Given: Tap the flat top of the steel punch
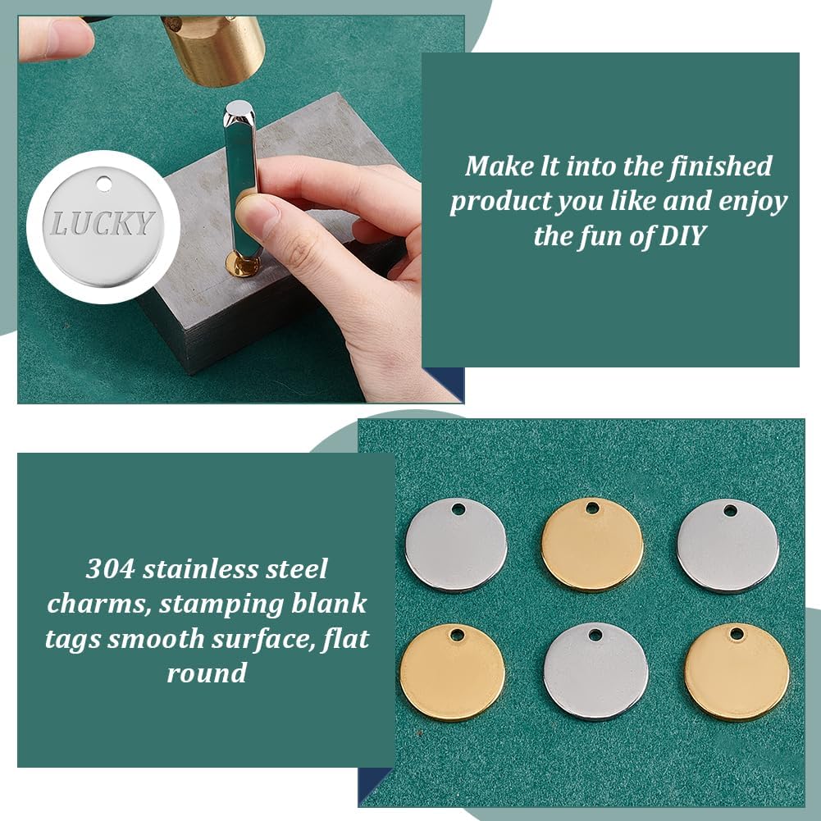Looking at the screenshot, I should click(239, 107).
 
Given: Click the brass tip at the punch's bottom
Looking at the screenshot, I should click(244, 265).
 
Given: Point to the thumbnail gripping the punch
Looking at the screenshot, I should click(256, 212).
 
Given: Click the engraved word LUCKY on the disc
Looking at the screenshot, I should click(103, 223).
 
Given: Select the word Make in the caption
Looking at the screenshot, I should click(497, 166).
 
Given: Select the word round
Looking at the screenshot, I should click(206, 673).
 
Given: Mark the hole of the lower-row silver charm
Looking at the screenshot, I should click(596, 634).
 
